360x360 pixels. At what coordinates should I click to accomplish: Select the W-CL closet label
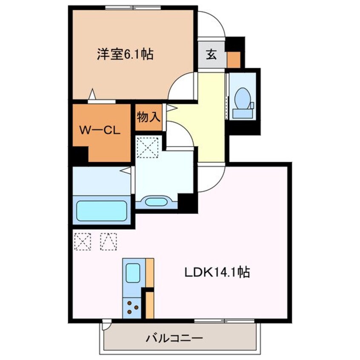pos(100,130)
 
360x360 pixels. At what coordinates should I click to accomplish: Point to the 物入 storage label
pos(149,117)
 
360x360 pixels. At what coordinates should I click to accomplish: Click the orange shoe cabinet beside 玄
pos(234,59)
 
